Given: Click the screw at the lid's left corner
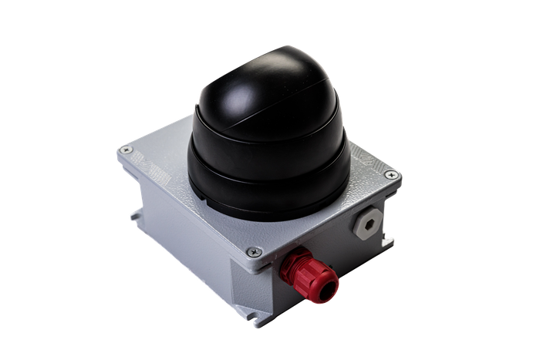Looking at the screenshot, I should coord(128,150).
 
